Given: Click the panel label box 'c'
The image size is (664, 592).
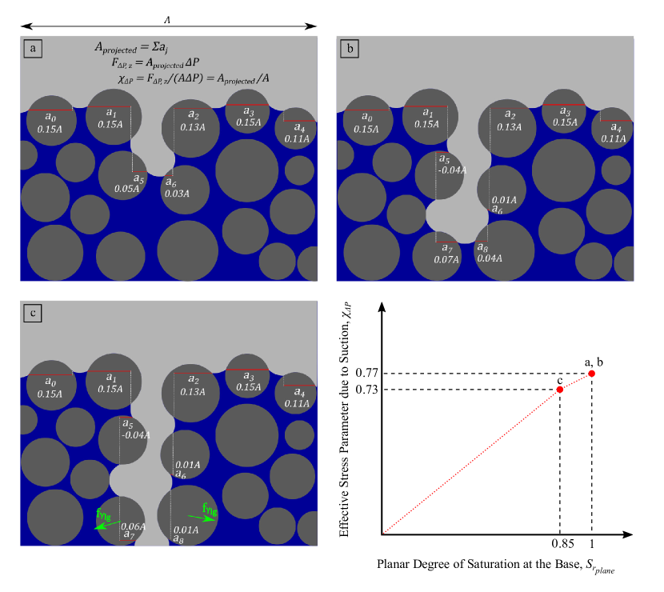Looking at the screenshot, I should [32, 314].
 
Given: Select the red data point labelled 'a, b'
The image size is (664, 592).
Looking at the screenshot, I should [591, 374].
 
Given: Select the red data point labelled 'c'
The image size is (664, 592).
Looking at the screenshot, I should [560, 390].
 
